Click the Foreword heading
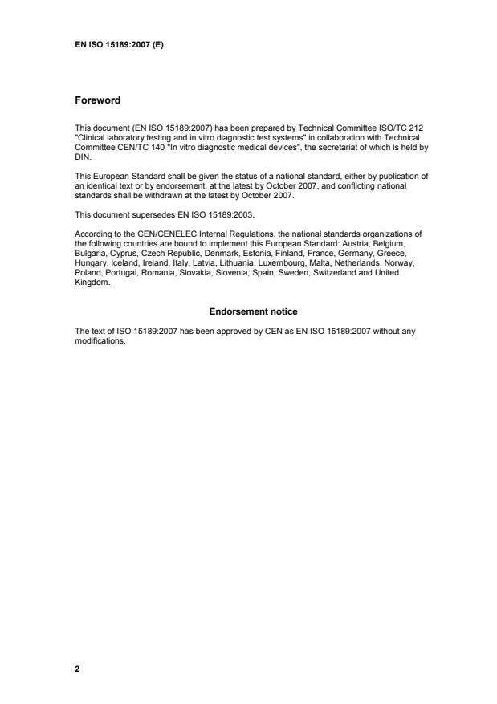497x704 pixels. [x=97, y=100]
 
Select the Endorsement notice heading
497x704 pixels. [x=248, y=311]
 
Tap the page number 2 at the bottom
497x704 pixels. [x=77, y=667]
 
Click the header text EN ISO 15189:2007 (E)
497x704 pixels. [x=119, y=45]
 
